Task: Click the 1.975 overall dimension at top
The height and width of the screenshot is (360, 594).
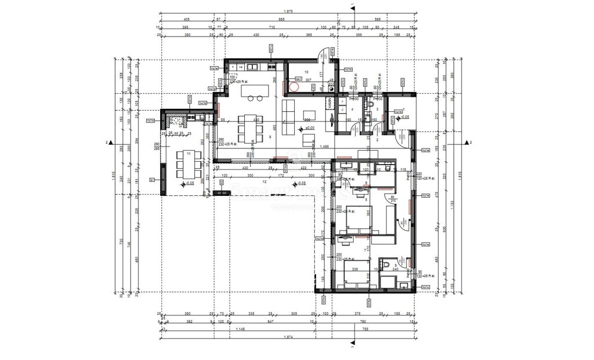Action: tap(288, 12)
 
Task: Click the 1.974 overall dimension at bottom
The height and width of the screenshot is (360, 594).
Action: tap(288, 337)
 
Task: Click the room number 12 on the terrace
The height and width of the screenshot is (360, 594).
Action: tap(264, 182)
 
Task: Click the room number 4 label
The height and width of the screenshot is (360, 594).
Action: tap(352, 108)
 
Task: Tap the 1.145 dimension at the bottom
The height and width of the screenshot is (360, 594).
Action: tap(240, 330)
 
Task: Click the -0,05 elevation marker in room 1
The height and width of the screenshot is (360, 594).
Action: tap(404, 117)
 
